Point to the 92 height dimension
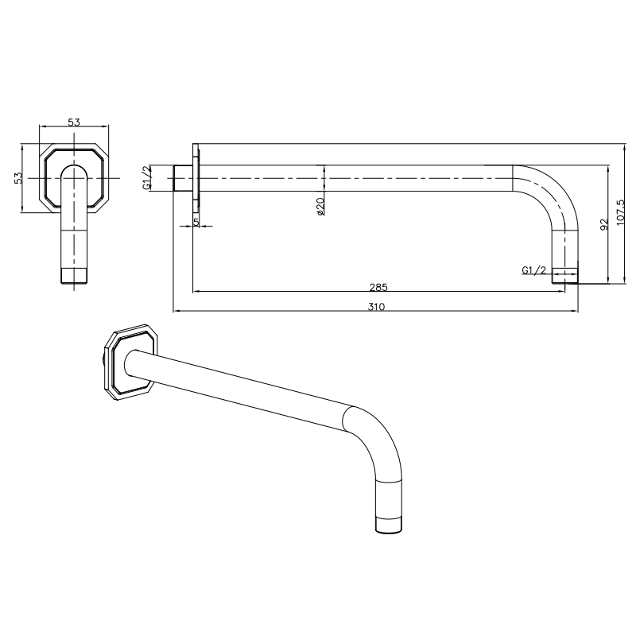603,224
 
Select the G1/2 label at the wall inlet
146,178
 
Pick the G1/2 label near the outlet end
533,271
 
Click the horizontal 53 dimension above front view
73,122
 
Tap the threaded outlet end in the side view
564,275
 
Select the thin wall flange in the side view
195,177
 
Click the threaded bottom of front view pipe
74,276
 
